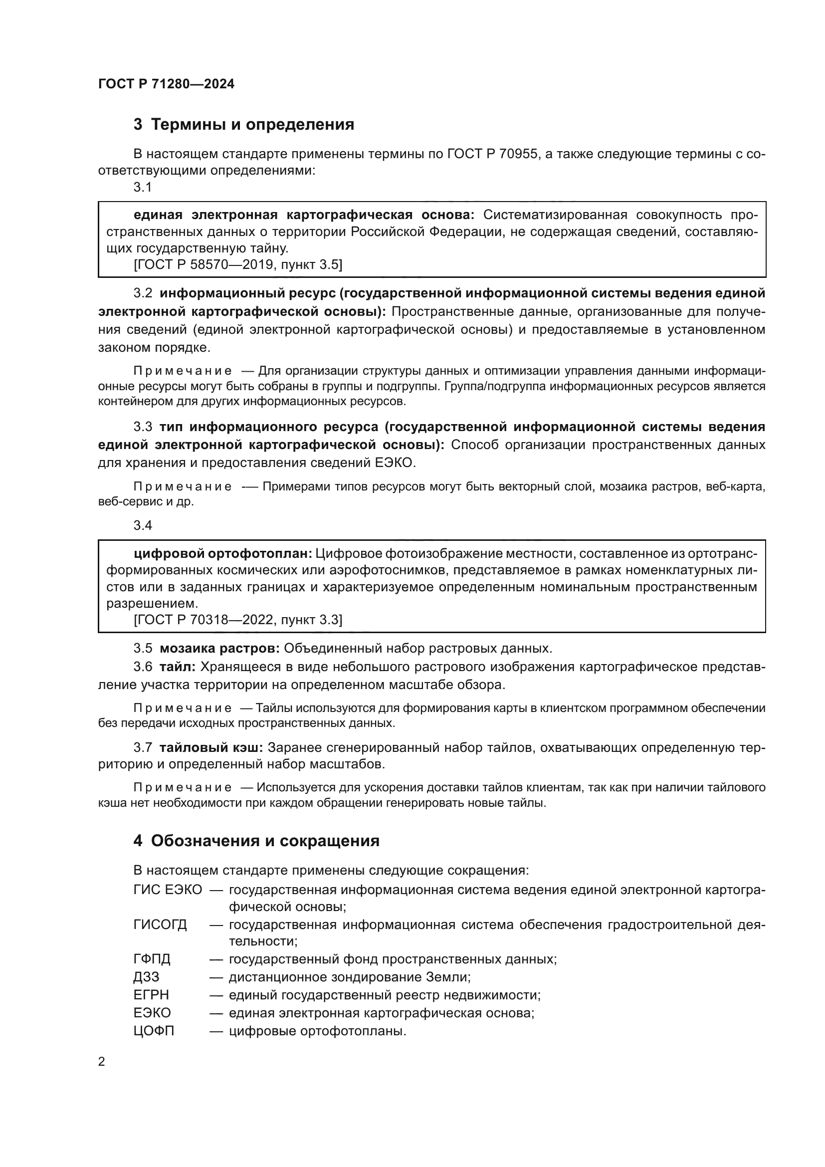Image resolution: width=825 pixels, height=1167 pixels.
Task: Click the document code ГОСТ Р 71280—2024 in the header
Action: point(166,84)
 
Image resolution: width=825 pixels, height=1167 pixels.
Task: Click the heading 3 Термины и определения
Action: point(244,125)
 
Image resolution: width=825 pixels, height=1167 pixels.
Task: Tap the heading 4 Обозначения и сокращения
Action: point(256,841)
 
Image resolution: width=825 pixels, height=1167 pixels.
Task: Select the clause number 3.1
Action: point(143,188)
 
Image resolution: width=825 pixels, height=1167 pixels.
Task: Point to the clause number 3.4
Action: point(143,525)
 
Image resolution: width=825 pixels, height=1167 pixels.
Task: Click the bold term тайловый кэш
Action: point(211,748)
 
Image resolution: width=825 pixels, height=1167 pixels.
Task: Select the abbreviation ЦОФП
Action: point(154,1031)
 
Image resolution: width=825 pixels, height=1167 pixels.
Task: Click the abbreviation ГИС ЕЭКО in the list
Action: point(168,890)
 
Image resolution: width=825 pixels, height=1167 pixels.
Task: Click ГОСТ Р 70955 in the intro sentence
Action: point(492,154)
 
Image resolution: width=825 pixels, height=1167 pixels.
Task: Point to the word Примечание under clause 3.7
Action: point(183,788)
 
